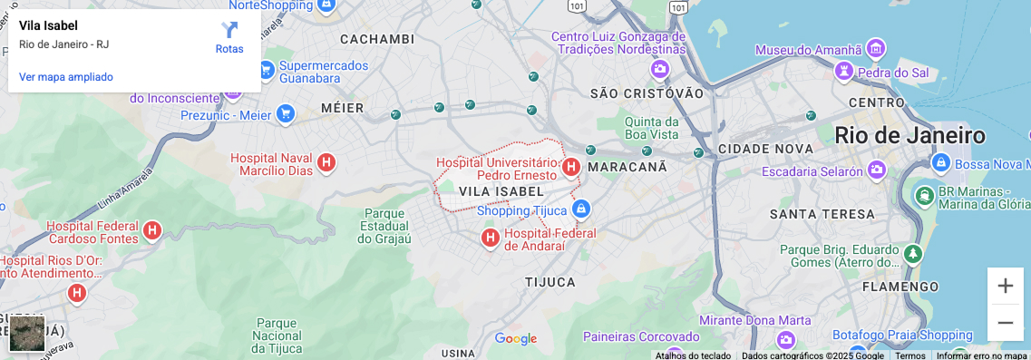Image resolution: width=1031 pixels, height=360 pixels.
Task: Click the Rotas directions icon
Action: (229, 30)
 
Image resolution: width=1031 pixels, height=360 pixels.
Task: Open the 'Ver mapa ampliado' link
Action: (66, 77)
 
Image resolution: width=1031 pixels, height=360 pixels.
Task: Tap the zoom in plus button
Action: (1005, 286)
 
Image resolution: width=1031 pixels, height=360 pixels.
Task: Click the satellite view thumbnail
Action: (27, 333)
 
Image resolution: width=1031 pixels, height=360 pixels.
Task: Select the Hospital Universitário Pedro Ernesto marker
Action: (571, 167)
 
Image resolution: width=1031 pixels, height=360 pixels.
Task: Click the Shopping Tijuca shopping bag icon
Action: (582, 210)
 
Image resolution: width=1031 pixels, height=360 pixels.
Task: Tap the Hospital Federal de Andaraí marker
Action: (490, 238)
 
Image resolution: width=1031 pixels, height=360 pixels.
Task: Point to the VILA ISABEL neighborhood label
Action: (501, 191)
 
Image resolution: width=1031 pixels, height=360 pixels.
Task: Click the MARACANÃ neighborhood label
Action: (627, 168)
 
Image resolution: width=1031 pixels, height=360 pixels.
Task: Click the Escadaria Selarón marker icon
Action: (876, 170)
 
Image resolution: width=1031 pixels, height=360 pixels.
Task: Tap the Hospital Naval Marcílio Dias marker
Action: (326, 163)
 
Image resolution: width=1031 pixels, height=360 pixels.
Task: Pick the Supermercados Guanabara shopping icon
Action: (266, 69)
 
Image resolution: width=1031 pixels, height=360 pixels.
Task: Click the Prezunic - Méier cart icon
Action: (286, 114)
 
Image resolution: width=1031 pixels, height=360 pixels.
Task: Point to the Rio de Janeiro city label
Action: (909, 136)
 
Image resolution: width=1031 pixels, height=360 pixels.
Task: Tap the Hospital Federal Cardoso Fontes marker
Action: (152, 231)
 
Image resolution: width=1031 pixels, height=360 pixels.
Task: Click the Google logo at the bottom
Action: (516, 339)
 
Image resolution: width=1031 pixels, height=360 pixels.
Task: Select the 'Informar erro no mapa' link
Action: (981, 355)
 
